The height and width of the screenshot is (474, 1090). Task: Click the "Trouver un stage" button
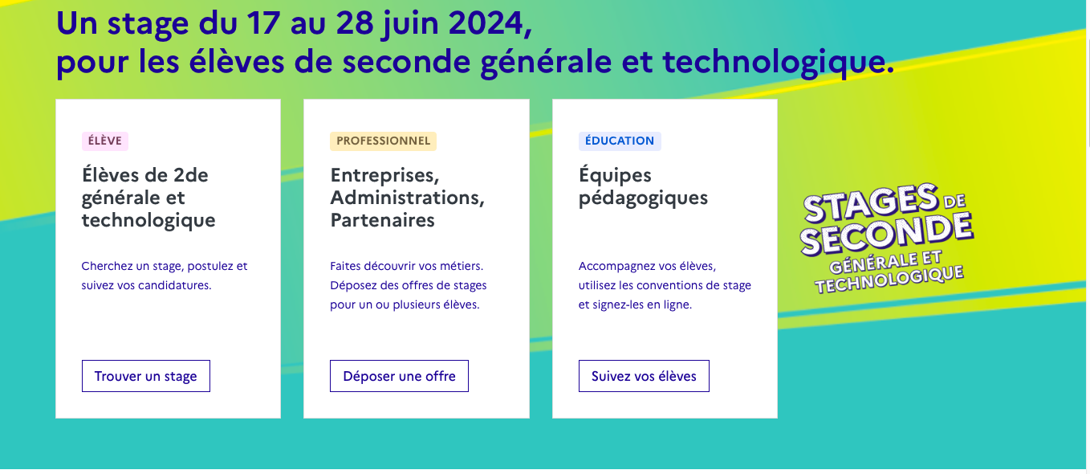(x=146, y=376)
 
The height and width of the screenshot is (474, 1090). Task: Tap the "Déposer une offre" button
(x=399, y=376)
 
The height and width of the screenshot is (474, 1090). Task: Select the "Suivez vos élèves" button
(x=644, y=376)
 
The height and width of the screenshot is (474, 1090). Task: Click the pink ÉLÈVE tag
(x=105, y=141)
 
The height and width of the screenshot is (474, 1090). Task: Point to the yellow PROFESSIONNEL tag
(x=384, y=141)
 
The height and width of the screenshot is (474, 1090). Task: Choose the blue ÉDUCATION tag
(x=620, y=141)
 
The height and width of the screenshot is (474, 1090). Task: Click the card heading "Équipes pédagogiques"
(x=643, y=187)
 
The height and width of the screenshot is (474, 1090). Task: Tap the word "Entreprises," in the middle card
(x=385, y=176)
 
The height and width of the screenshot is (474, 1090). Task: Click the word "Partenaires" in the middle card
(x=383, y=220)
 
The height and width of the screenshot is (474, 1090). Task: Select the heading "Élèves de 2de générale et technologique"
(x=148, y=198)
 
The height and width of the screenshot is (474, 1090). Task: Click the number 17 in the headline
(x=263, y=23)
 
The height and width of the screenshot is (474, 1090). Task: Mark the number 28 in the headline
(x=355, y=23)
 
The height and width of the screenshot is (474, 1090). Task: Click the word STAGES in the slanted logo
(x=871, y=202)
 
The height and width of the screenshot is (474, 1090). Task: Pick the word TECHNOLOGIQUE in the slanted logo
(x=889, y=280)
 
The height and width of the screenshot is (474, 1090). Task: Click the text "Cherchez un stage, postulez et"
(x=165, y=267)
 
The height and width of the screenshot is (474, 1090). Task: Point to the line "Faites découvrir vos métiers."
(x=407, y=267)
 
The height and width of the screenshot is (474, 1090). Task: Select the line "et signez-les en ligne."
(x=635, y=305)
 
